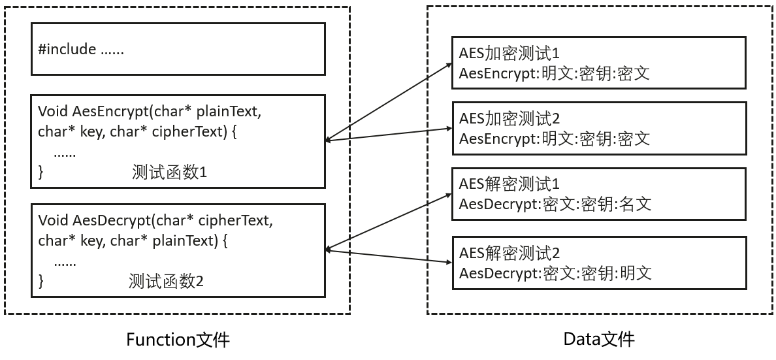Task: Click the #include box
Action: (x=178, y=49)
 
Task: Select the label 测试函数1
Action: (x=169, y=173)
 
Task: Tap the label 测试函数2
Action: (x=167, y=282)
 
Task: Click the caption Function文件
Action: (x=178, y=340)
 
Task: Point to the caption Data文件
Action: (x=598, y=339)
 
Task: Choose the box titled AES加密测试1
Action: (x=598, y=63)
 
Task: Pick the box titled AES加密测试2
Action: (x=598, y=129)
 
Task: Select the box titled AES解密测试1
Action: (x=598, y=194)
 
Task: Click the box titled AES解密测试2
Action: (x=598, y=263)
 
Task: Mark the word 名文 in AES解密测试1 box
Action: (x=635, y=205)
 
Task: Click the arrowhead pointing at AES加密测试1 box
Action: (x=449, y=64)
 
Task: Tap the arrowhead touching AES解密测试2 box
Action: (x=449, y=262)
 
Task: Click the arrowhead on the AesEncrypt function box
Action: (x=329, y=140)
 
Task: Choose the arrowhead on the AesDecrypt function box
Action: (x=329, y=249)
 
